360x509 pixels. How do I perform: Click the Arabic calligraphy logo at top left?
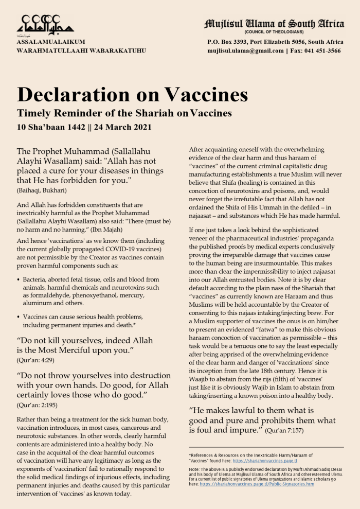45,23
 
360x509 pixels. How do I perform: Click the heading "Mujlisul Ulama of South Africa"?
274,24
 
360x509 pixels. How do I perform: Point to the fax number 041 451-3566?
323,51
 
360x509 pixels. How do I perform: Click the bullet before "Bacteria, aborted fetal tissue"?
19,279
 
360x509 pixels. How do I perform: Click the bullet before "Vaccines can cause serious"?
19,316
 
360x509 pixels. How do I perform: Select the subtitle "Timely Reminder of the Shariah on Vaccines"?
124,113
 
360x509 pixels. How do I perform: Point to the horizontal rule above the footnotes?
266,447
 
